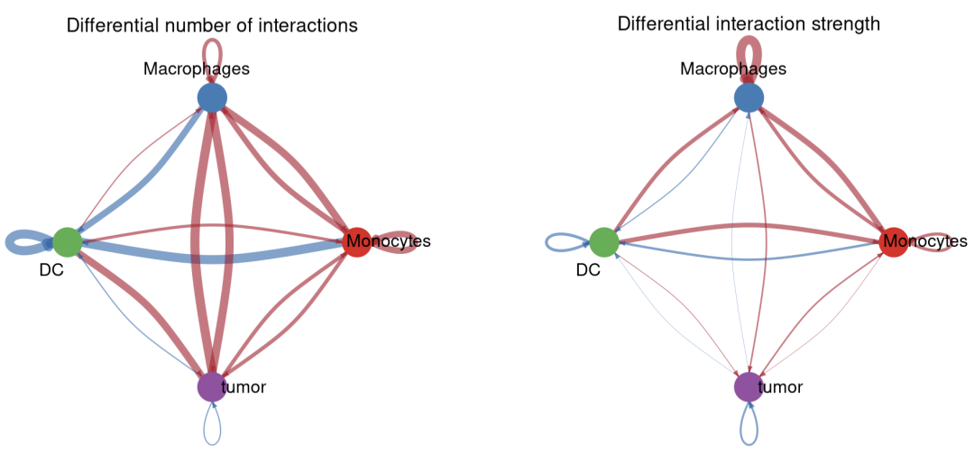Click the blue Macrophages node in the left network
click(x=211, y=97)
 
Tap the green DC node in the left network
click(x=67, y=241)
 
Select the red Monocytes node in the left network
click(x=356, y=241)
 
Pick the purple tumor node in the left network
click(x=211, y=386)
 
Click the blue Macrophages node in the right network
click(x=749, y=97)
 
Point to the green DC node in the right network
click(x=603, y=241)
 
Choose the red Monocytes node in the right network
click(x=893, y=241)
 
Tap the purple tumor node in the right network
click(x=749, y=386)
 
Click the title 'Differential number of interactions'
click(x=212, y=25)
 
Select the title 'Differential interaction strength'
click(x=749, y=23)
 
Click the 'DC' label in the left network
click(x=51, y=269)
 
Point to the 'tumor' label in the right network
click(x=780, y=387)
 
